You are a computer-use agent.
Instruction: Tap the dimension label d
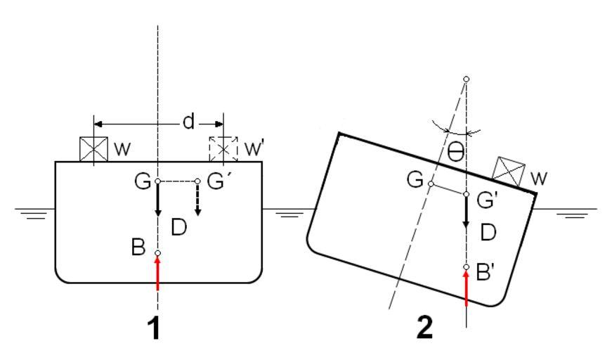(188, 122)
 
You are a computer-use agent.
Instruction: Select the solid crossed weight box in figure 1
(93, 148)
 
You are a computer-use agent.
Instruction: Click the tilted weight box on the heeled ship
(509, 171)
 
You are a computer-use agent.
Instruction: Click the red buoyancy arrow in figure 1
(157, 273)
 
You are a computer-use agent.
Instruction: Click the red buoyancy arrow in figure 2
(467, 288)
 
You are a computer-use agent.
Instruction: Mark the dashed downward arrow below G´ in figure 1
(197, 200)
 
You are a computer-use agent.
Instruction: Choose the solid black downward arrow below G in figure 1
(157, 200)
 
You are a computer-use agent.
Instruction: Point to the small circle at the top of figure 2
(467, 79)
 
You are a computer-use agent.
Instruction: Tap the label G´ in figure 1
(216, 183)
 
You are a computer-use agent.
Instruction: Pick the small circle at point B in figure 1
(157, 253)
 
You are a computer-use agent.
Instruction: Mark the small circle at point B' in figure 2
(467, 267)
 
